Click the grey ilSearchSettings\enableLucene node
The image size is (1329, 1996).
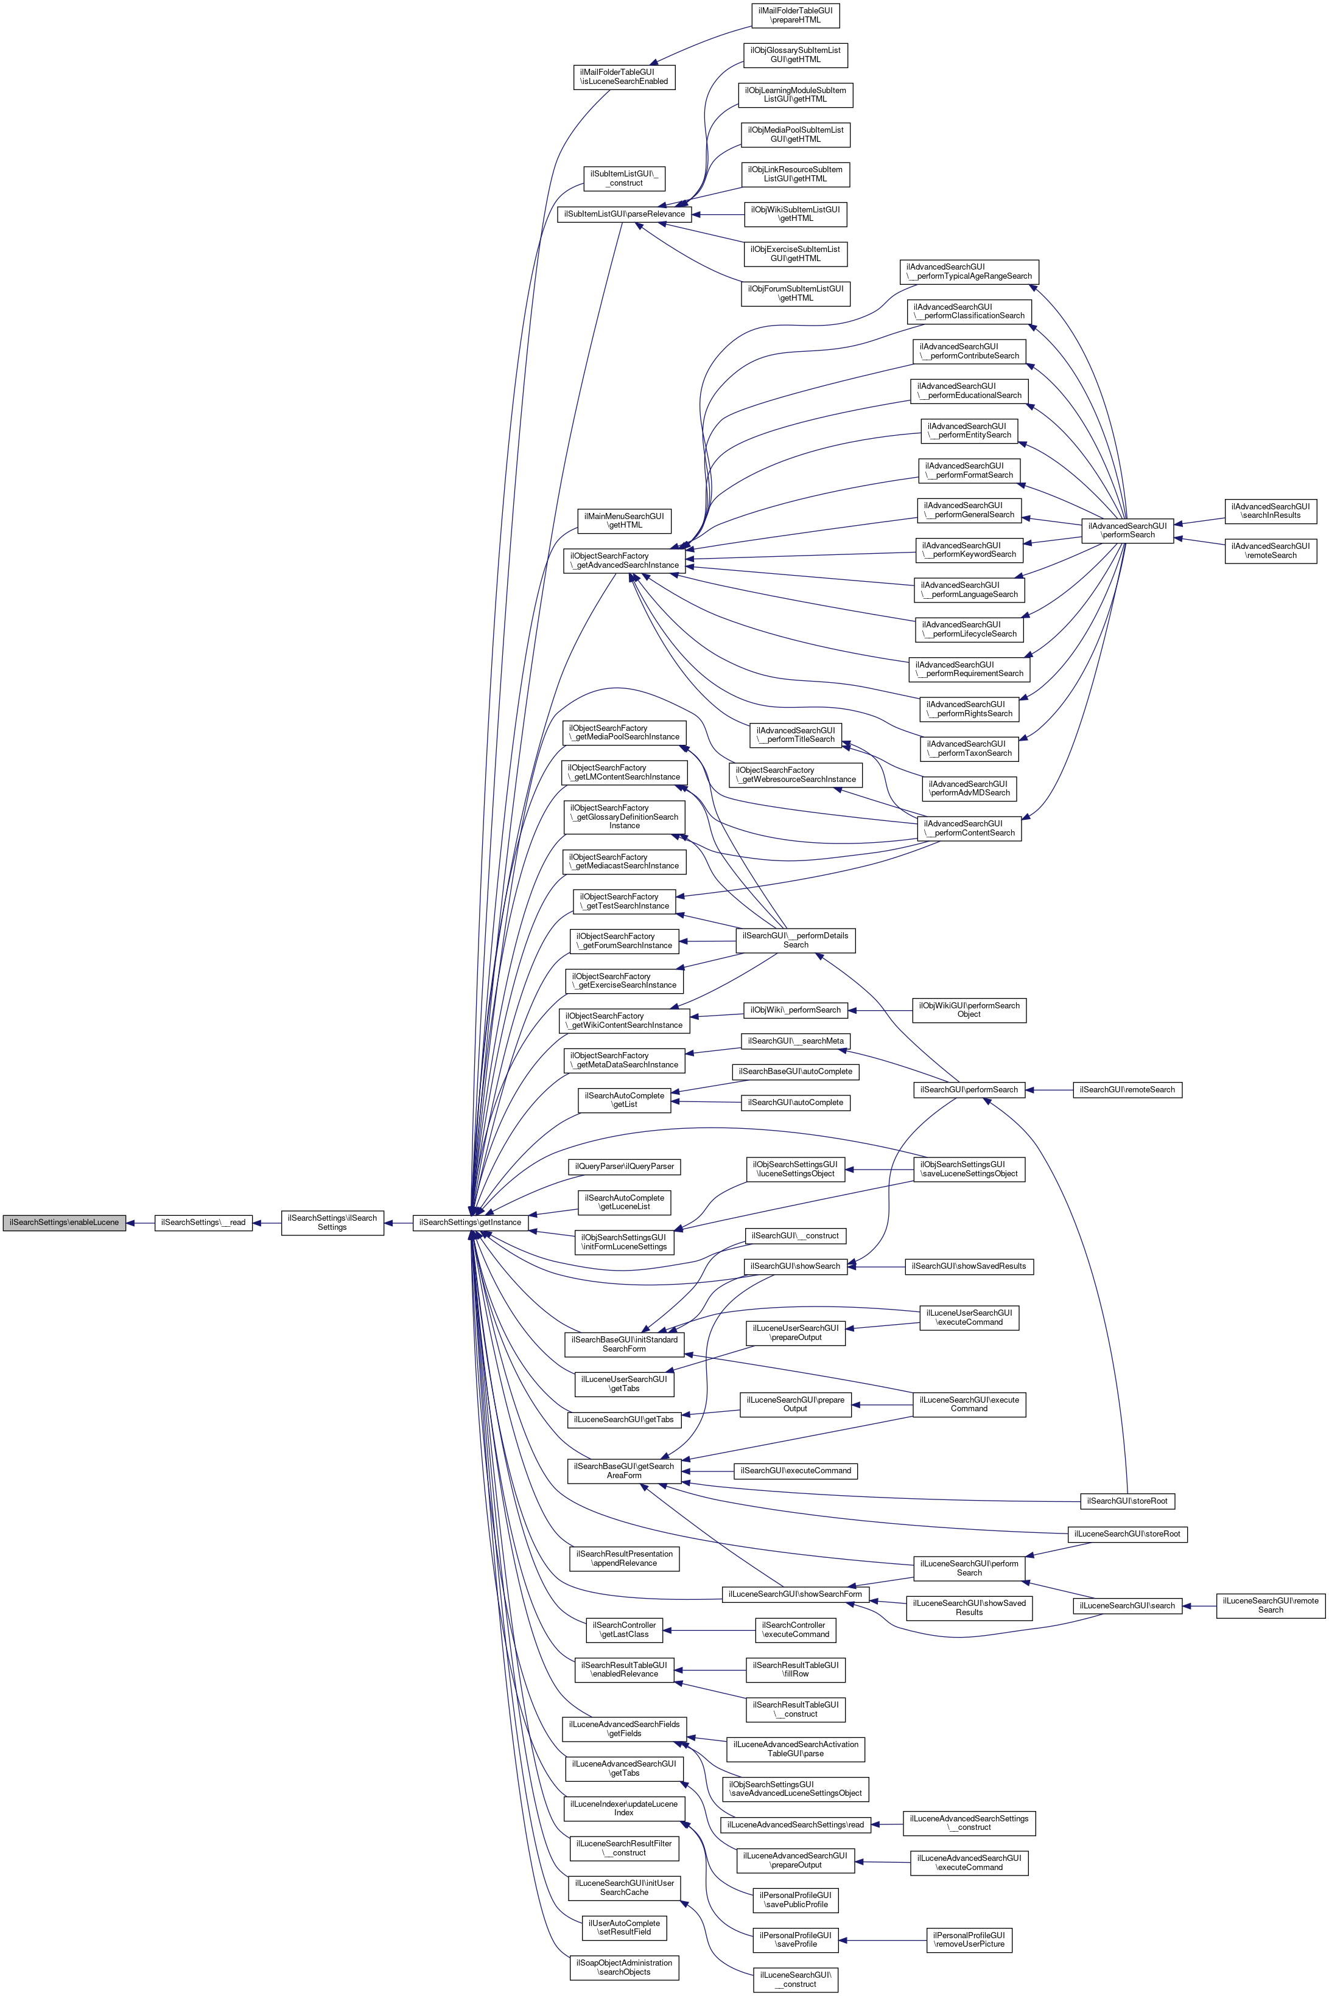point(65,1223)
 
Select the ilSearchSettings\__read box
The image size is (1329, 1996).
point(203,1223)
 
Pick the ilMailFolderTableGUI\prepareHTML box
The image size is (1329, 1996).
point(796,15)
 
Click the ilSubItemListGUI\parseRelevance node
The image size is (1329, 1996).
point(624,214)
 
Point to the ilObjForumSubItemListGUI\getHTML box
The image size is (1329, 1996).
point(796,294)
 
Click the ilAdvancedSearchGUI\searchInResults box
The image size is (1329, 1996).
point(1271,511)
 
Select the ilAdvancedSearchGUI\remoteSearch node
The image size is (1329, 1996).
point(1271,551)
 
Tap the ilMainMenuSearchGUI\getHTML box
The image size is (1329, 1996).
point(624,520)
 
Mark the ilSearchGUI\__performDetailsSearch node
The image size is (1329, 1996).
point(795,940)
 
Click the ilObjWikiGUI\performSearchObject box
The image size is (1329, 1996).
point(968,1010)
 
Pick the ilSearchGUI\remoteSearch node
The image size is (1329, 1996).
point(1126,1089)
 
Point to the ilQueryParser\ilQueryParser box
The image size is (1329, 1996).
point(624,1167)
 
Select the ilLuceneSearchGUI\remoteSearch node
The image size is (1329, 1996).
point(1271,1605)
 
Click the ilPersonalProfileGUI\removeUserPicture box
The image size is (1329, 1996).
point(969,1939)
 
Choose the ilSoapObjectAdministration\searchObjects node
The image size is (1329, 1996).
point(624,1967)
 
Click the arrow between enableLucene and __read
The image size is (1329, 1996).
point(140,1223)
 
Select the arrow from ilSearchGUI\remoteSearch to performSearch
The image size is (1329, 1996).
point(1050,1089)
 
